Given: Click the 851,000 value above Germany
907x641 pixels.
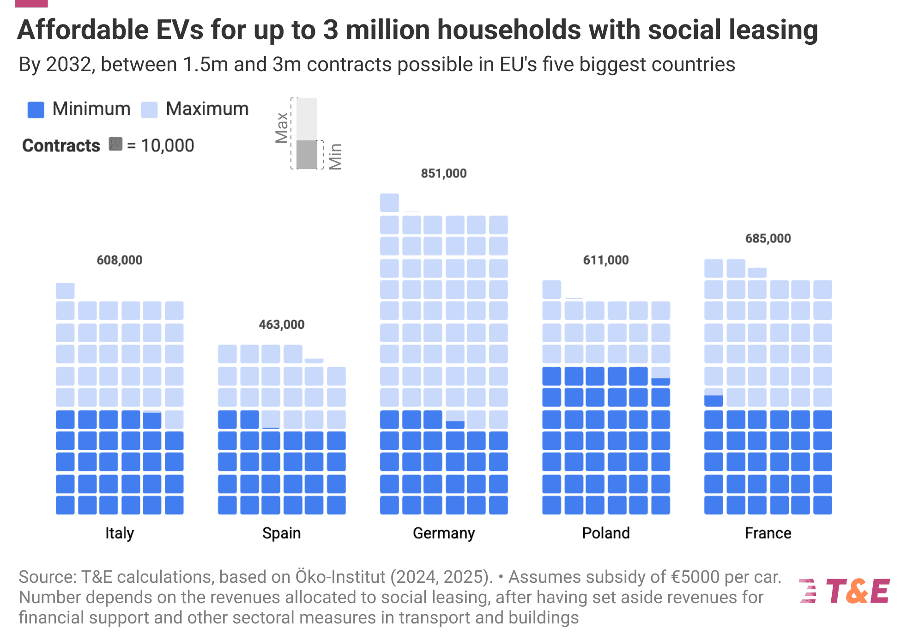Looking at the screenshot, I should [x=443, y=174].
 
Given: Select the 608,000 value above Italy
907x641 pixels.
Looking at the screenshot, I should [x=119, y=260].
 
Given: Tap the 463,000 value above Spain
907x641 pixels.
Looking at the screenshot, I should [x=281, y=325].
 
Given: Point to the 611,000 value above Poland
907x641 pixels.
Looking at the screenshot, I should [x=605, y=260].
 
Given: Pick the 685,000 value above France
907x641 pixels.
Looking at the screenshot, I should [x=768, y=239].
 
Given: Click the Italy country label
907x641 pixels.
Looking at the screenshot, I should [x=119, y=533].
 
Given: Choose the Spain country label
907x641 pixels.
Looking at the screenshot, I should [x=281, y=533].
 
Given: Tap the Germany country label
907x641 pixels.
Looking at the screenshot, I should [x=443, y=533].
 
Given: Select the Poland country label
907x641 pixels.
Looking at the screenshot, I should [x=605, y=533].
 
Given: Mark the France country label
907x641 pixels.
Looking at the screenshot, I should [x=768, y=533].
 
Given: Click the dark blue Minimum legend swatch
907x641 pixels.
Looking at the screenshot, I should [x=36, y=110].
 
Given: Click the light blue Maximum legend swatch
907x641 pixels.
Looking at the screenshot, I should [x=149, y=110].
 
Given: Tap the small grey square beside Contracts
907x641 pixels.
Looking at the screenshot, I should [x=115, y=144].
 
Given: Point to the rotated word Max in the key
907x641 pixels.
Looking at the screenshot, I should [x=282, y=127].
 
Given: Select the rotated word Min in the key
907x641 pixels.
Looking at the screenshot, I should [x=335, y=156].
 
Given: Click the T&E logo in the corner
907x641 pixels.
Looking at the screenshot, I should [x=844, y=591].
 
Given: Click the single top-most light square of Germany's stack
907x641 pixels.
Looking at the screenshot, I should [x=389, y=203].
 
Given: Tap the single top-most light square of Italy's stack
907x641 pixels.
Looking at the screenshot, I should [x=65, y=290].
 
